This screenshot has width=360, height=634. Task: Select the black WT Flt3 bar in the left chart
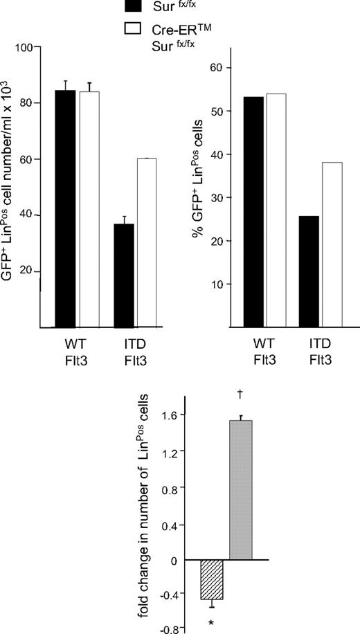66,208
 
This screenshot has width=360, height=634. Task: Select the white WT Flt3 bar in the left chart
89,208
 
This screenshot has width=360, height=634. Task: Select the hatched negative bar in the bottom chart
211,579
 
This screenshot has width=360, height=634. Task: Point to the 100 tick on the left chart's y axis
26,48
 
